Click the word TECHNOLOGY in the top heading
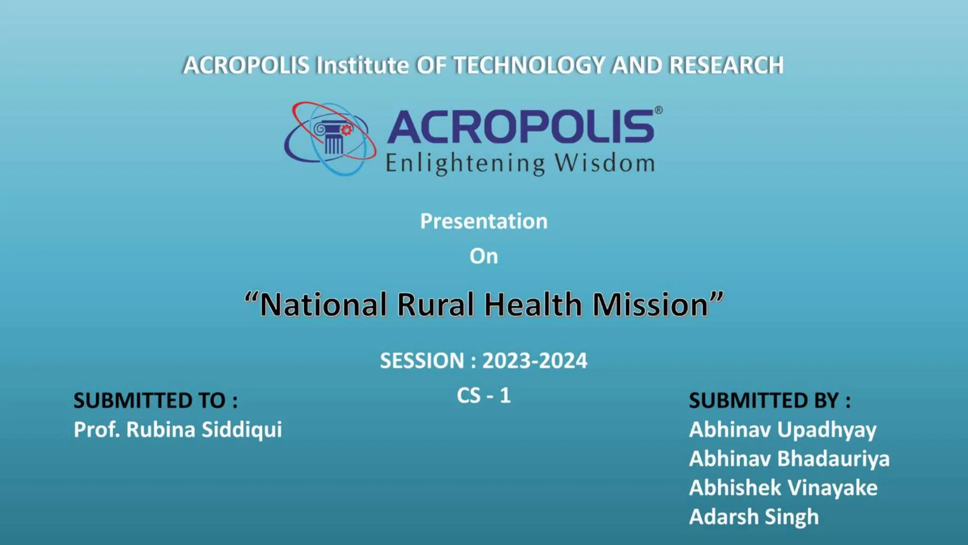[x=528, y=65]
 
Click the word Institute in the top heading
[x=362, y=65]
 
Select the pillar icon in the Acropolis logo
[x=333, y=138]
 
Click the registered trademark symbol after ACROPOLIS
[x=658, y=110]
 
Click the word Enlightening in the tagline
[x=465, y=163]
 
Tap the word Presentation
[x=484, y=221]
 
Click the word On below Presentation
[x=484, y=256]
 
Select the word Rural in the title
[x=435, y=304]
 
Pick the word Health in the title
[x=533, y=304]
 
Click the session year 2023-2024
[x=534, y=361]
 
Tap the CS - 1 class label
[x=484, y=396]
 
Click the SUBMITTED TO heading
[x=156, y=401]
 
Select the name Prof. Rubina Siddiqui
[x=178, y=430]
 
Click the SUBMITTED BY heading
[x=769, y=401]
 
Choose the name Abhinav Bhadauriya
[x=789, y=459]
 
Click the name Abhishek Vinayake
[x=783, y=488]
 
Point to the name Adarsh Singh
[x=753, y=517]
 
